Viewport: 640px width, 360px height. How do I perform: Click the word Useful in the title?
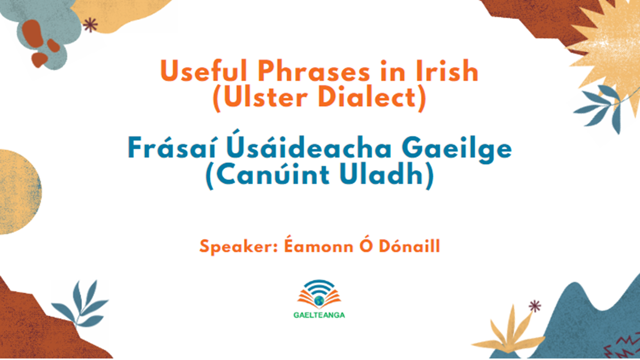click(203, 70)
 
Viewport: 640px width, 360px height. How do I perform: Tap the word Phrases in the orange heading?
click(313, 70)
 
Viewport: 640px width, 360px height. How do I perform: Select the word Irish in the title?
click(447, 70)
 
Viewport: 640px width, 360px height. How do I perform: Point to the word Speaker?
click(239, 247)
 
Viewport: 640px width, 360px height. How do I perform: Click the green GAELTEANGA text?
click(319, 315)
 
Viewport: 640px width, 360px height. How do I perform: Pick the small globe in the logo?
click(319, 300)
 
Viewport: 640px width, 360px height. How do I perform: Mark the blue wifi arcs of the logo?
click(319, 287)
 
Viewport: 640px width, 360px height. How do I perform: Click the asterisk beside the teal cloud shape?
click(90, 25)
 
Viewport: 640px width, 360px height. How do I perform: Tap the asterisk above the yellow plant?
click(534, 306)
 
